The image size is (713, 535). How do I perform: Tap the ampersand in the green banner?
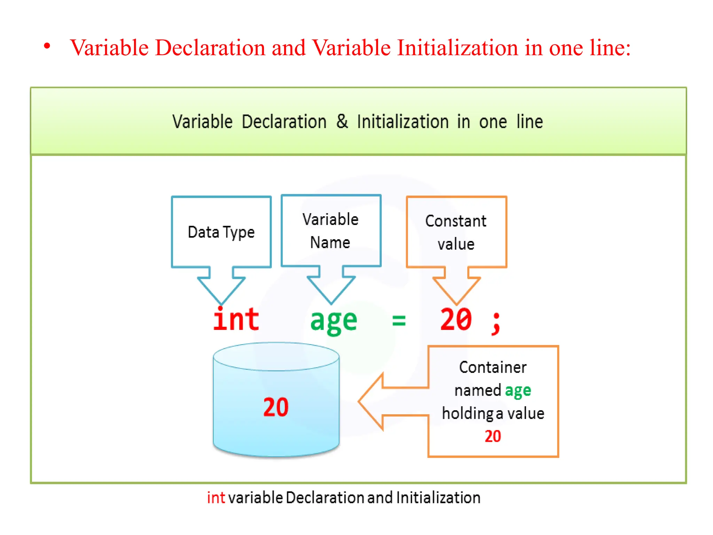(342, 122)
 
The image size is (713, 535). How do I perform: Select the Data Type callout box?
(221, 232)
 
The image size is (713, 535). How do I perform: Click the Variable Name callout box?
(331, 231)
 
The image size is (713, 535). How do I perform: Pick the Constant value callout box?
(456, 232)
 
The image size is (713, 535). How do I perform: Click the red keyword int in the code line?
(236, 320)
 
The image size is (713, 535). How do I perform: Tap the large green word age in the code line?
(334, 321)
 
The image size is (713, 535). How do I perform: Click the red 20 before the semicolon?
(456, 320)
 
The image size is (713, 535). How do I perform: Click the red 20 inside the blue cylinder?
(276, 407)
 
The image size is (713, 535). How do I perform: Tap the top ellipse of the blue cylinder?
(276, 356)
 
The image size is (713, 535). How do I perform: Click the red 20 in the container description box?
(493, 436)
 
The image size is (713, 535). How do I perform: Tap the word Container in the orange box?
(493, 367)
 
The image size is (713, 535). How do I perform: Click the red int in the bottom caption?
(216, 498)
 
